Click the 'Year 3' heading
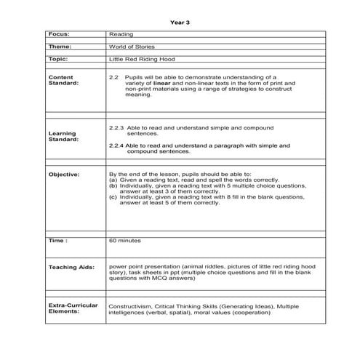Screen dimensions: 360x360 point(180,22)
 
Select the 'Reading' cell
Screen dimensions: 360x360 point(120,34)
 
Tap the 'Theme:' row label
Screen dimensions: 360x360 point(60,46)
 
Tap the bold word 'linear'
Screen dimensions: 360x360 point(161,82)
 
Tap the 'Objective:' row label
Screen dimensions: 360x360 point(64,175)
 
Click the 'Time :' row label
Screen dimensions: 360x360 point(58,239)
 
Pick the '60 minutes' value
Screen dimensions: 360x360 point(125,239)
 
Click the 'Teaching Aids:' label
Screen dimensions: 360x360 point(69,268)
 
